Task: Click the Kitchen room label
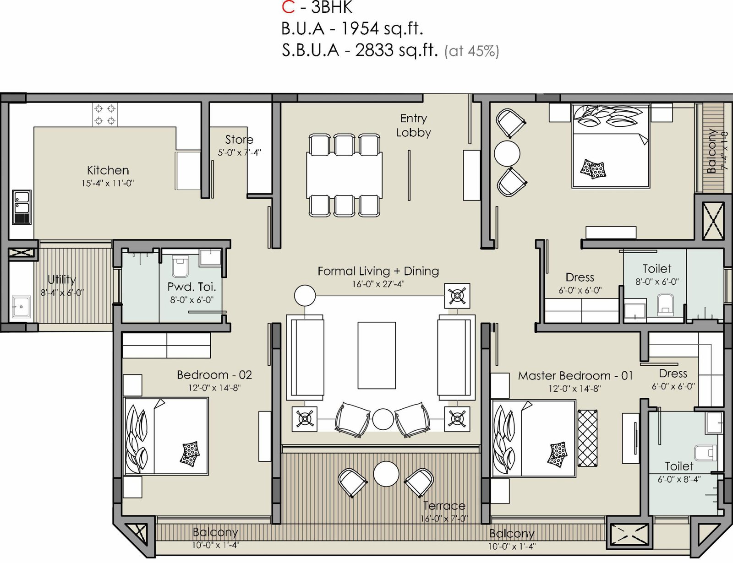coord(108,170)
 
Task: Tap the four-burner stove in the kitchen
coord(105,114)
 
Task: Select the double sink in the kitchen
coord(22,207)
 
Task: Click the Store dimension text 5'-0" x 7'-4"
coord(239,152)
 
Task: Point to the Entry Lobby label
coord(414,125)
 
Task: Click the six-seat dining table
coord(345,175)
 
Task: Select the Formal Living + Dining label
coord(378,271)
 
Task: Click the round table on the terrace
coord(386,474)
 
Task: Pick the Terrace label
coord(444,505)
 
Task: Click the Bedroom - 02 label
coord(214,375)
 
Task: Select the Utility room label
coord(61,280)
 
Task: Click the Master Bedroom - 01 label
coord(575,376)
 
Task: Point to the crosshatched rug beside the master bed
coord(588,438)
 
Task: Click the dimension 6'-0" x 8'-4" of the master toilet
coord(679,479)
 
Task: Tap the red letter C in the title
coord(289,7)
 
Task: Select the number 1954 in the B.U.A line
coord(360,29)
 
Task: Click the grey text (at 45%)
coord(471,51)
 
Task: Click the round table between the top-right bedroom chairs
coord(507,153)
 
